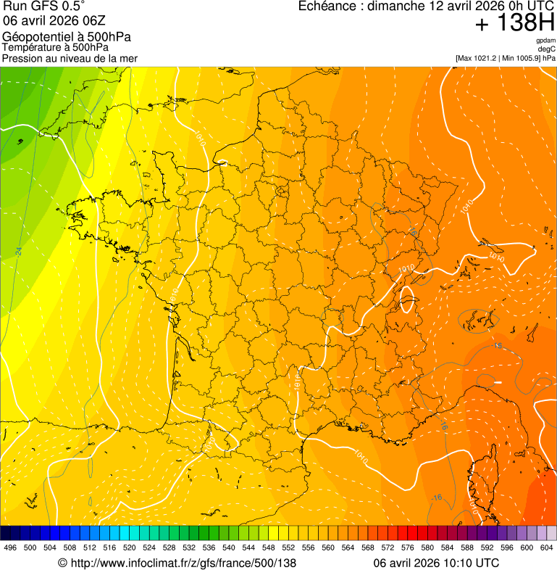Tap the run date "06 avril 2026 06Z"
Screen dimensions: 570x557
click(x=46, y=21)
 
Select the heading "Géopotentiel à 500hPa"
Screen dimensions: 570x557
click(x=67, y=37)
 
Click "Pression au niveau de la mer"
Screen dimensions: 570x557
click(x=70, y=58)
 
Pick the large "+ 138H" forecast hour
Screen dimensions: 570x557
click(x=514, y=23)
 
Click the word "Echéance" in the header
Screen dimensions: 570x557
click(x=328, y=7)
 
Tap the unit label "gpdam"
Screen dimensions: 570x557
click(x=546, y=41)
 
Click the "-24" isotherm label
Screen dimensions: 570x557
click(x=17, y=252)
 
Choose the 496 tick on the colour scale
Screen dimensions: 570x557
click(x=10, y=548)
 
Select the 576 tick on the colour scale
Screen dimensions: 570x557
click(x=407, y=548)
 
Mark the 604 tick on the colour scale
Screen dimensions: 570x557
click(x=546, y=548)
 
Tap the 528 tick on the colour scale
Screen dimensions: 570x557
click(x=169, y=548)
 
